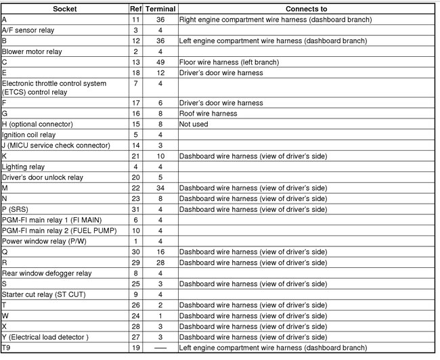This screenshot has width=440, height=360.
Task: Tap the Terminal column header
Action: tap(160, 9)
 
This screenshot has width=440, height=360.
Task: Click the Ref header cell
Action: tap(135, 9)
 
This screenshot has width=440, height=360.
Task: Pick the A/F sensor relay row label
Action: tap(28, 30)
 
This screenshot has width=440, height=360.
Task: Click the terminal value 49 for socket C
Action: tap(160, 62)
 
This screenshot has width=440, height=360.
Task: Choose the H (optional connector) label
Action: tap(37, 125)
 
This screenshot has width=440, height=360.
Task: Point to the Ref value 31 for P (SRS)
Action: tap(135, 209)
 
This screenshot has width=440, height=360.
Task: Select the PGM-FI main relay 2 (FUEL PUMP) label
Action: tap(55, 230)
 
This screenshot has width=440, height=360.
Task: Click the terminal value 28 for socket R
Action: tap(160, 262)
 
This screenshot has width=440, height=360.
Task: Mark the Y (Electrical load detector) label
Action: tap(45, 336)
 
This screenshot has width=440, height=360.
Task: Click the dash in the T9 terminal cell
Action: tap(160, 347)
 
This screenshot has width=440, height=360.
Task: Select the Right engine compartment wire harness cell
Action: tap(275, 20)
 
